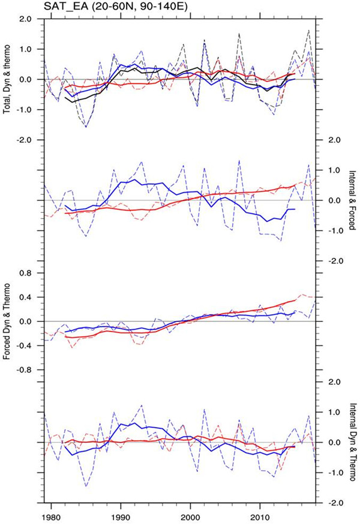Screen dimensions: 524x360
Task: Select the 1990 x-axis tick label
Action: click(121, 514)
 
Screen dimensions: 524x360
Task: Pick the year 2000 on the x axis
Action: click(190, 514)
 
